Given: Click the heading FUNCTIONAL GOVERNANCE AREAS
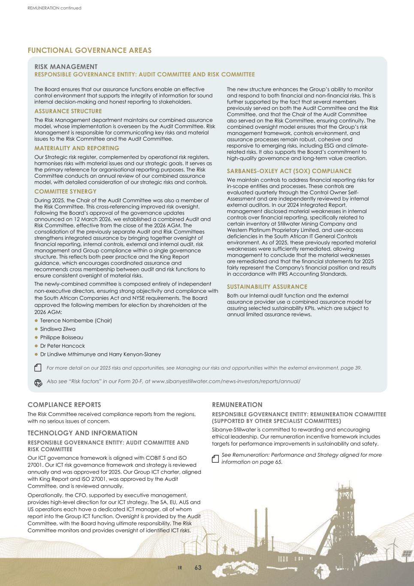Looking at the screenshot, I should pyautogui.click(x=89, y=50).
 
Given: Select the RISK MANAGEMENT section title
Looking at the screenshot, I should pyautogui.click(x=66, y=67).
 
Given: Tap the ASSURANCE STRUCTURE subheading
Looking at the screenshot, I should pyautogui.click(x=68, y=111).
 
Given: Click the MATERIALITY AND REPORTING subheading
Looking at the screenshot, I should pyautogui.click(x=76, y=148).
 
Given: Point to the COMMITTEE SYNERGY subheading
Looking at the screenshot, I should pyautogui.click(x=65, y=191).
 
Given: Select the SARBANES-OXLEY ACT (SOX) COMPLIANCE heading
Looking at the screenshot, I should pyautogui.click(x=289, y=171).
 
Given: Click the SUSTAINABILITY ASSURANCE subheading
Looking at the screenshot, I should pyautogui.click(x=267, y=287).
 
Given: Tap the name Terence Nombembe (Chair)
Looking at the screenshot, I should pyautogui.click(x=76, y=321).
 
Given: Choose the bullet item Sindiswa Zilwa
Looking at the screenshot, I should pyautogui.click(x=57, y=329).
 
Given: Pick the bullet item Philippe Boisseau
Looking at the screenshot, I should pyautogui.click(x=61, y=337).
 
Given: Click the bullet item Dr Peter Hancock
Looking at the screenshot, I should pyautogui.click(x=62, y=346).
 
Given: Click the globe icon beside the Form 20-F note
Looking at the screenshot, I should pyautogui.click(x=38, y=382).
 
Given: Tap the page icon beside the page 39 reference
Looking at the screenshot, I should pyautogui.click(x=38, y=368).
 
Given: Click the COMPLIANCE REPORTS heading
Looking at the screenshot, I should pyautogui.click(x=64, y=405).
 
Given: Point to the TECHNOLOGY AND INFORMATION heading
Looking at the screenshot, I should pyautogui.click(x=82, y=433).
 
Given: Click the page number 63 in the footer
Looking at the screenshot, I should pyautogui.click(x=198, y=568).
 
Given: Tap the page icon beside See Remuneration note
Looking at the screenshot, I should pyautogui.click(x=215, y=459).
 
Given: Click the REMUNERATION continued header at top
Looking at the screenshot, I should pyautogui.click(x=54, y=8).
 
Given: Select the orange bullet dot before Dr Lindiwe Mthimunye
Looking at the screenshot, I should pyautogui.click(x=36, y=355).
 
